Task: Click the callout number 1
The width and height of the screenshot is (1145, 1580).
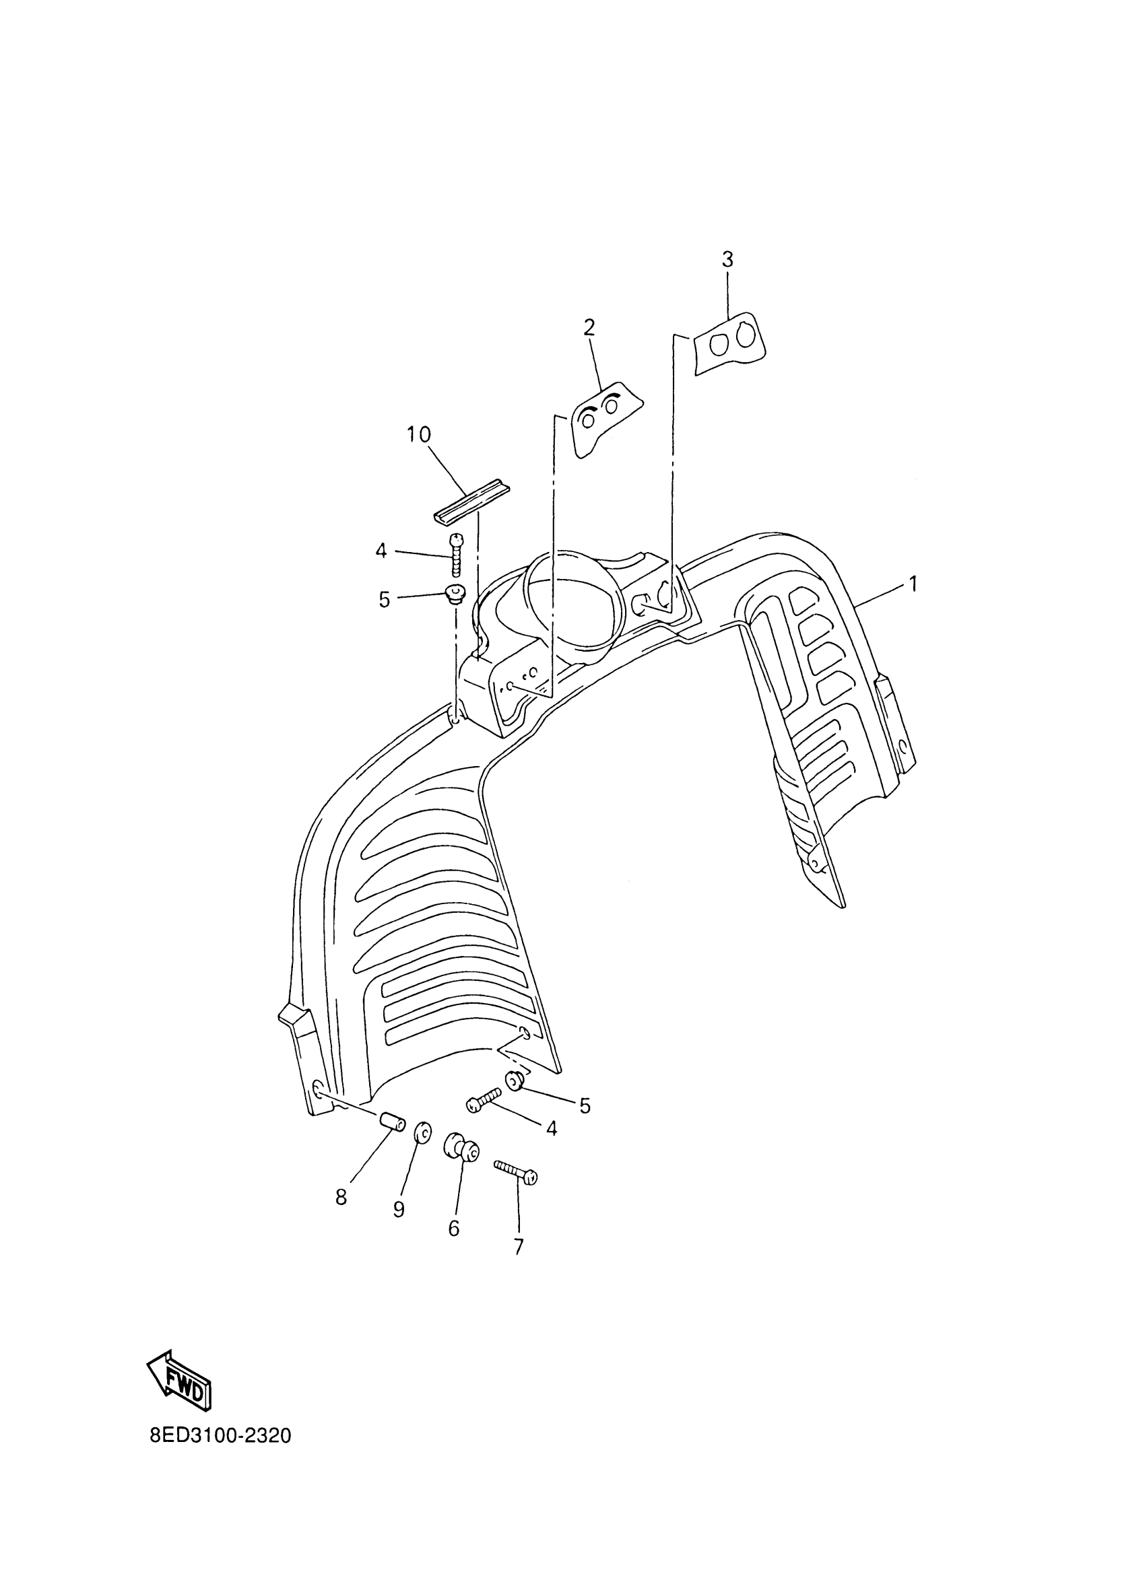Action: (911, 584)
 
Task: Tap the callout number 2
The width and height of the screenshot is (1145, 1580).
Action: (589, 327)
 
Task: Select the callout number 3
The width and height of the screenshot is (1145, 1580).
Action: (727, 260)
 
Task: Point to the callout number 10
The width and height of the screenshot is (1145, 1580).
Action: (419, 435)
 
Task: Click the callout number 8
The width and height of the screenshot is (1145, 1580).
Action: (341, 1198)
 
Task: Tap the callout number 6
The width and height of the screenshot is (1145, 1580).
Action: (454, 1228)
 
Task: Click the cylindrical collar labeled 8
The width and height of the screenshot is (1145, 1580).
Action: (393, 1123)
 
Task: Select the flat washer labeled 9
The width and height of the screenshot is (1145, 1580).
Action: (422, 1133)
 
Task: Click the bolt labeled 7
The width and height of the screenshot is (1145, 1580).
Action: (516, 1171)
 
